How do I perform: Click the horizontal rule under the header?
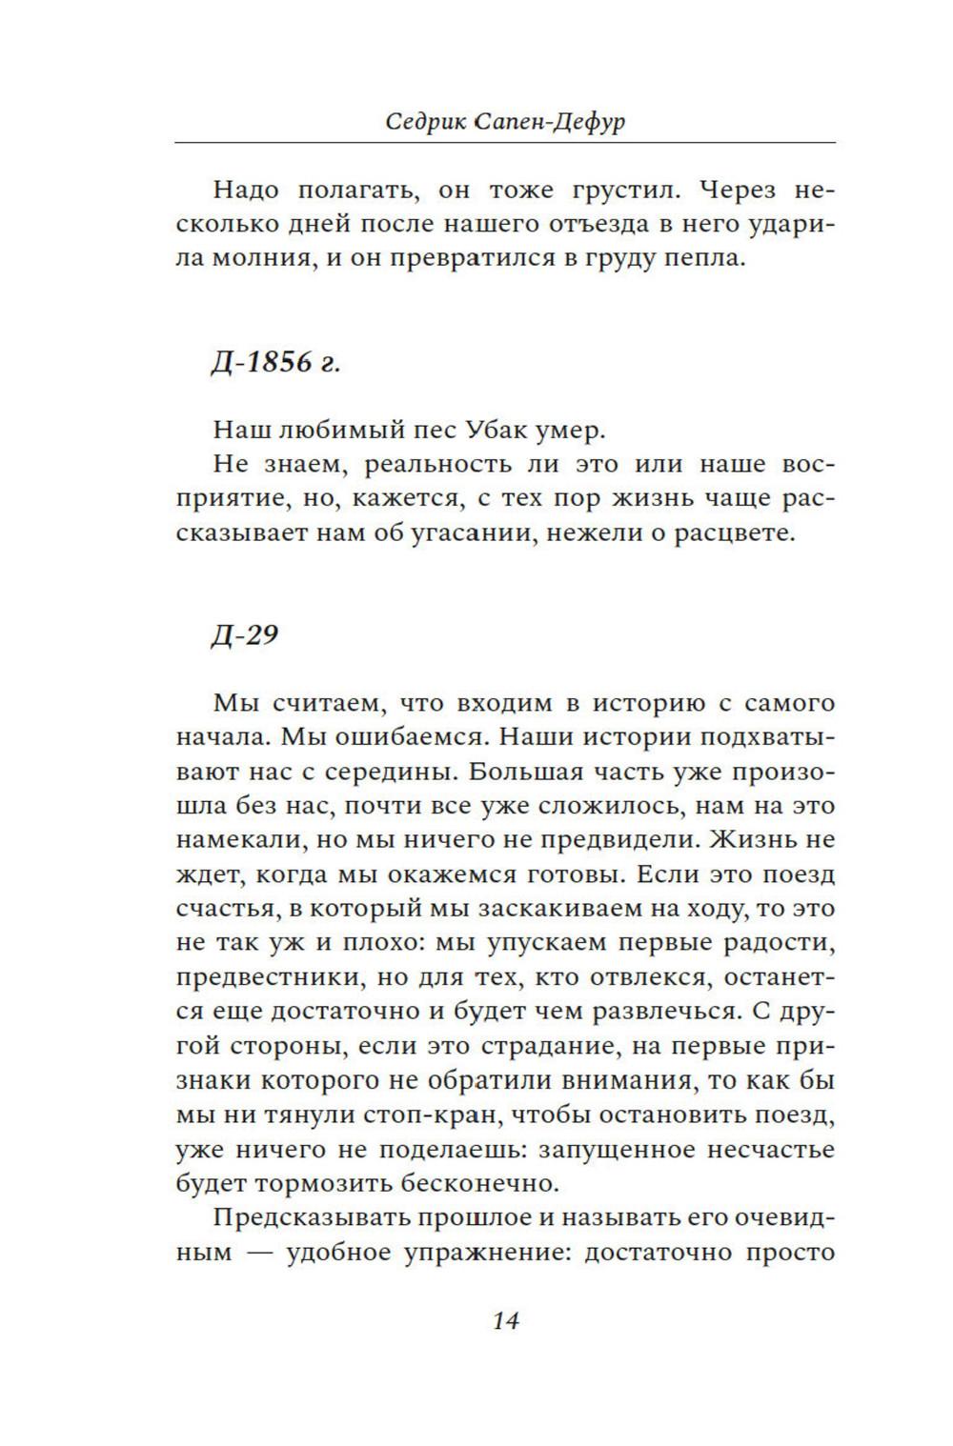[x=505, y=143]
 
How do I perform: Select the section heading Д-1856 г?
[x=274, y=363]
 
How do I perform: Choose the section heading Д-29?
[x=244, y=635]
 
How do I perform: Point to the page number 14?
[x=505, y=1320]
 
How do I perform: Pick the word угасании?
[x=440, y=533]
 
